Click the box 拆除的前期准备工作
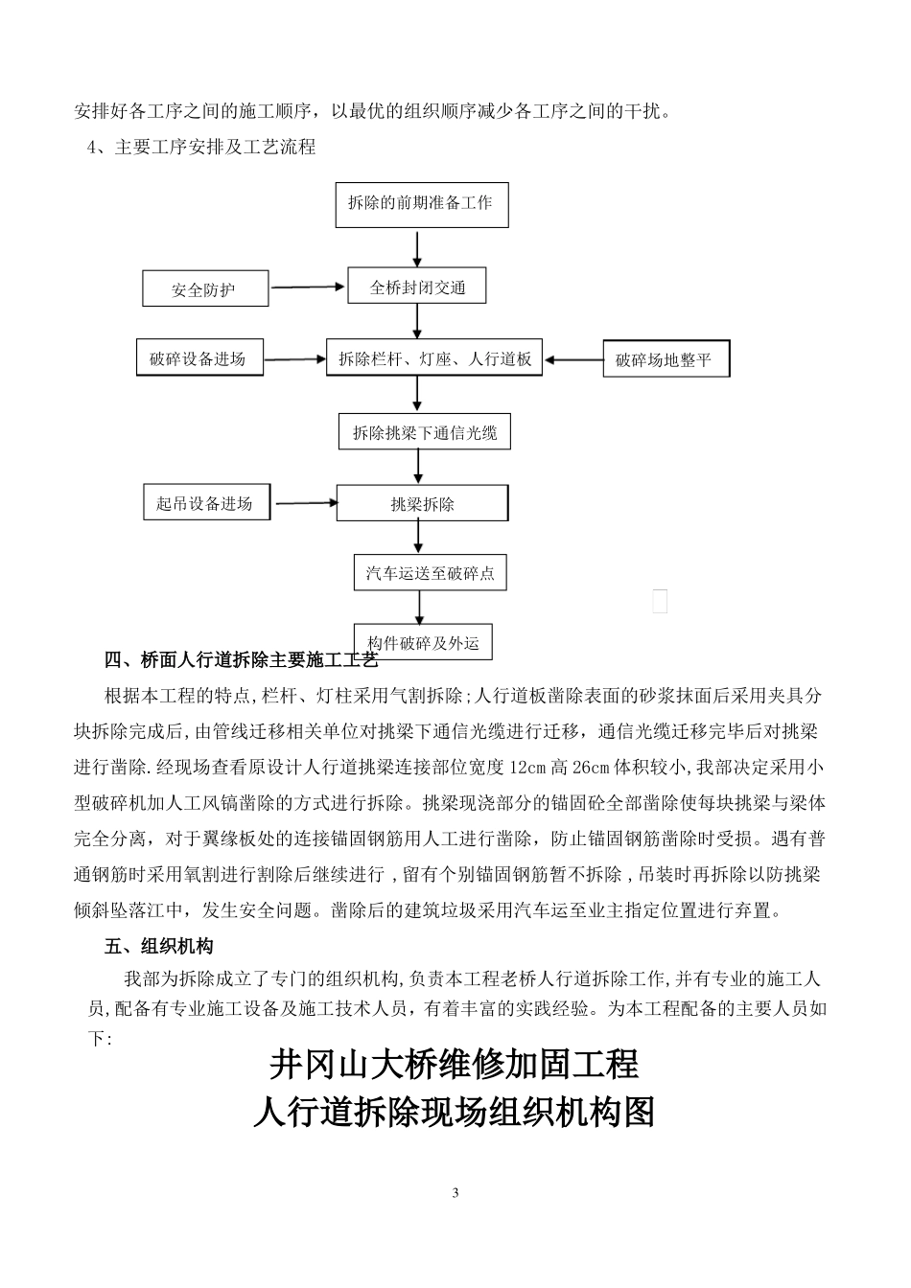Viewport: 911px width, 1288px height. (x=421, y=204)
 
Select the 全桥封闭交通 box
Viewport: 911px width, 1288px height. (x=417, y=287)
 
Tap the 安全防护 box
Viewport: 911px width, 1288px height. (x=204, y=289)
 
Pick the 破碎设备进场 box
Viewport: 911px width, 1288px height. (x=199, y=358)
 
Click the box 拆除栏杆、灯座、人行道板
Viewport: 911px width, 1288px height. (x=434, y=359)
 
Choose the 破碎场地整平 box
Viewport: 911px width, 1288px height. (x=665, y=360)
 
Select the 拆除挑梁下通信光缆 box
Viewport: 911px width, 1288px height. (x=425, y=433)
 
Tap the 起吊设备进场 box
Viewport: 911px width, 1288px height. (x=204, y=503)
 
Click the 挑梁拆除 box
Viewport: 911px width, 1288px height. (x=422, y=504)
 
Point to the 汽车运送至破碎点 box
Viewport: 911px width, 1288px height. (x=430, y=573)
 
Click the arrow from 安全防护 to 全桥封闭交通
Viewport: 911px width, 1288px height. (x=307, y=287)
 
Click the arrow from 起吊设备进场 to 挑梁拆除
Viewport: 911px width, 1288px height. (x=305, y=502)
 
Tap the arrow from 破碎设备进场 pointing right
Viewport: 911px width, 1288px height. (x=294, y=359)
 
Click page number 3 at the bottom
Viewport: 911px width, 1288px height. (x=455, y=1193)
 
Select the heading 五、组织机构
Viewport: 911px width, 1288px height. (x=158, y=947)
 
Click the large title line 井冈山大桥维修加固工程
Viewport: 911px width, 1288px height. (x=454, y=1064)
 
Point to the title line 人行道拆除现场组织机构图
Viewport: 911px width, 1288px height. (x=454, y=1112)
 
